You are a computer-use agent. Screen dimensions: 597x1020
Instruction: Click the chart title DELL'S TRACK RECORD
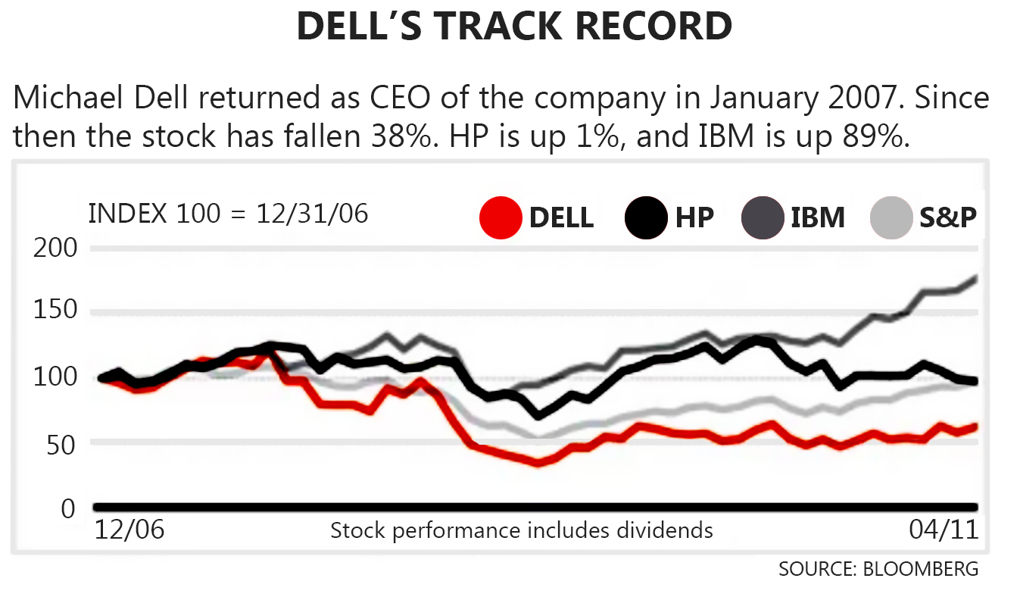tap(514, 27)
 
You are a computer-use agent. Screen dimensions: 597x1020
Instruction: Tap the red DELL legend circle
tap(501, 217)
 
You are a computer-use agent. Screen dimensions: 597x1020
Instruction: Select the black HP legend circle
tap(646, 217)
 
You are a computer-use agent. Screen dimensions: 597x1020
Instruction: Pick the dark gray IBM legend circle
tap(762, 217)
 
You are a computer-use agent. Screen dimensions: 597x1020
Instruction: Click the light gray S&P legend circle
tap(891, 217)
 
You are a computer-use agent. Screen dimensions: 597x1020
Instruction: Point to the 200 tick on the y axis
tap(55, 248)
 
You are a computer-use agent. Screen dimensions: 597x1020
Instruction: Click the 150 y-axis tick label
tap(55, 312)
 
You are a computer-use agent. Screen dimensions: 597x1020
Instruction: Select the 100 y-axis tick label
tap(55, 377)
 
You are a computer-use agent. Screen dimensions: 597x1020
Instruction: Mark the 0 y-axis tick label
tap(69, 507)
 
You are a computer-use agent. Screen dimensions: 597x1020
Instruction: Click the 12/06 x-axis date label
tap(129, 529)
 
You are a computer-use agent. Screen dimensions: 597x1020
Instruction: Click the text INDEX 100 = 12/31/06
tap(228, 214)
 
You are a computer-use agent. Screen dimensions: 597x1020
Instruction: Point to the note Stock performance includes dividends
tap(521, 530)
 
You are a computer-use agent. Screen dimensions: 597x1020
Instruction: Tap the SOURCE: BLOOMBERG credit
tap(878, 568)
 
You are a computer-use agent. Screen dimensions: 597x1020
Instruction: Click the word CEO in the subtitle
tap(377, 98)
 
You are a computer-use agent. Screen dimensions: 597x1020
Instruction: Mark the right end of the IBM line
tap(975, 278)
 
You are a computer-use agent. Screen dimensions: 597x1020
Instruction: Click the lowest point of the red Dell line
tap(539, 463)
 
